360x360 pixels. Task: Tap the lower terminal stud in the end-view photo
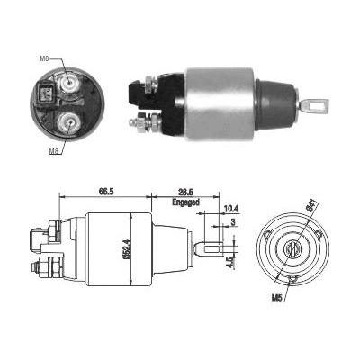pos(66,121)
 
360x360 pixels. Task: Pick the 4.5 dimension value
pos(229,264)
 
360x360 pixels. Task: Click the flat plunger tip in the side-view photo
pos(314,105)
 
